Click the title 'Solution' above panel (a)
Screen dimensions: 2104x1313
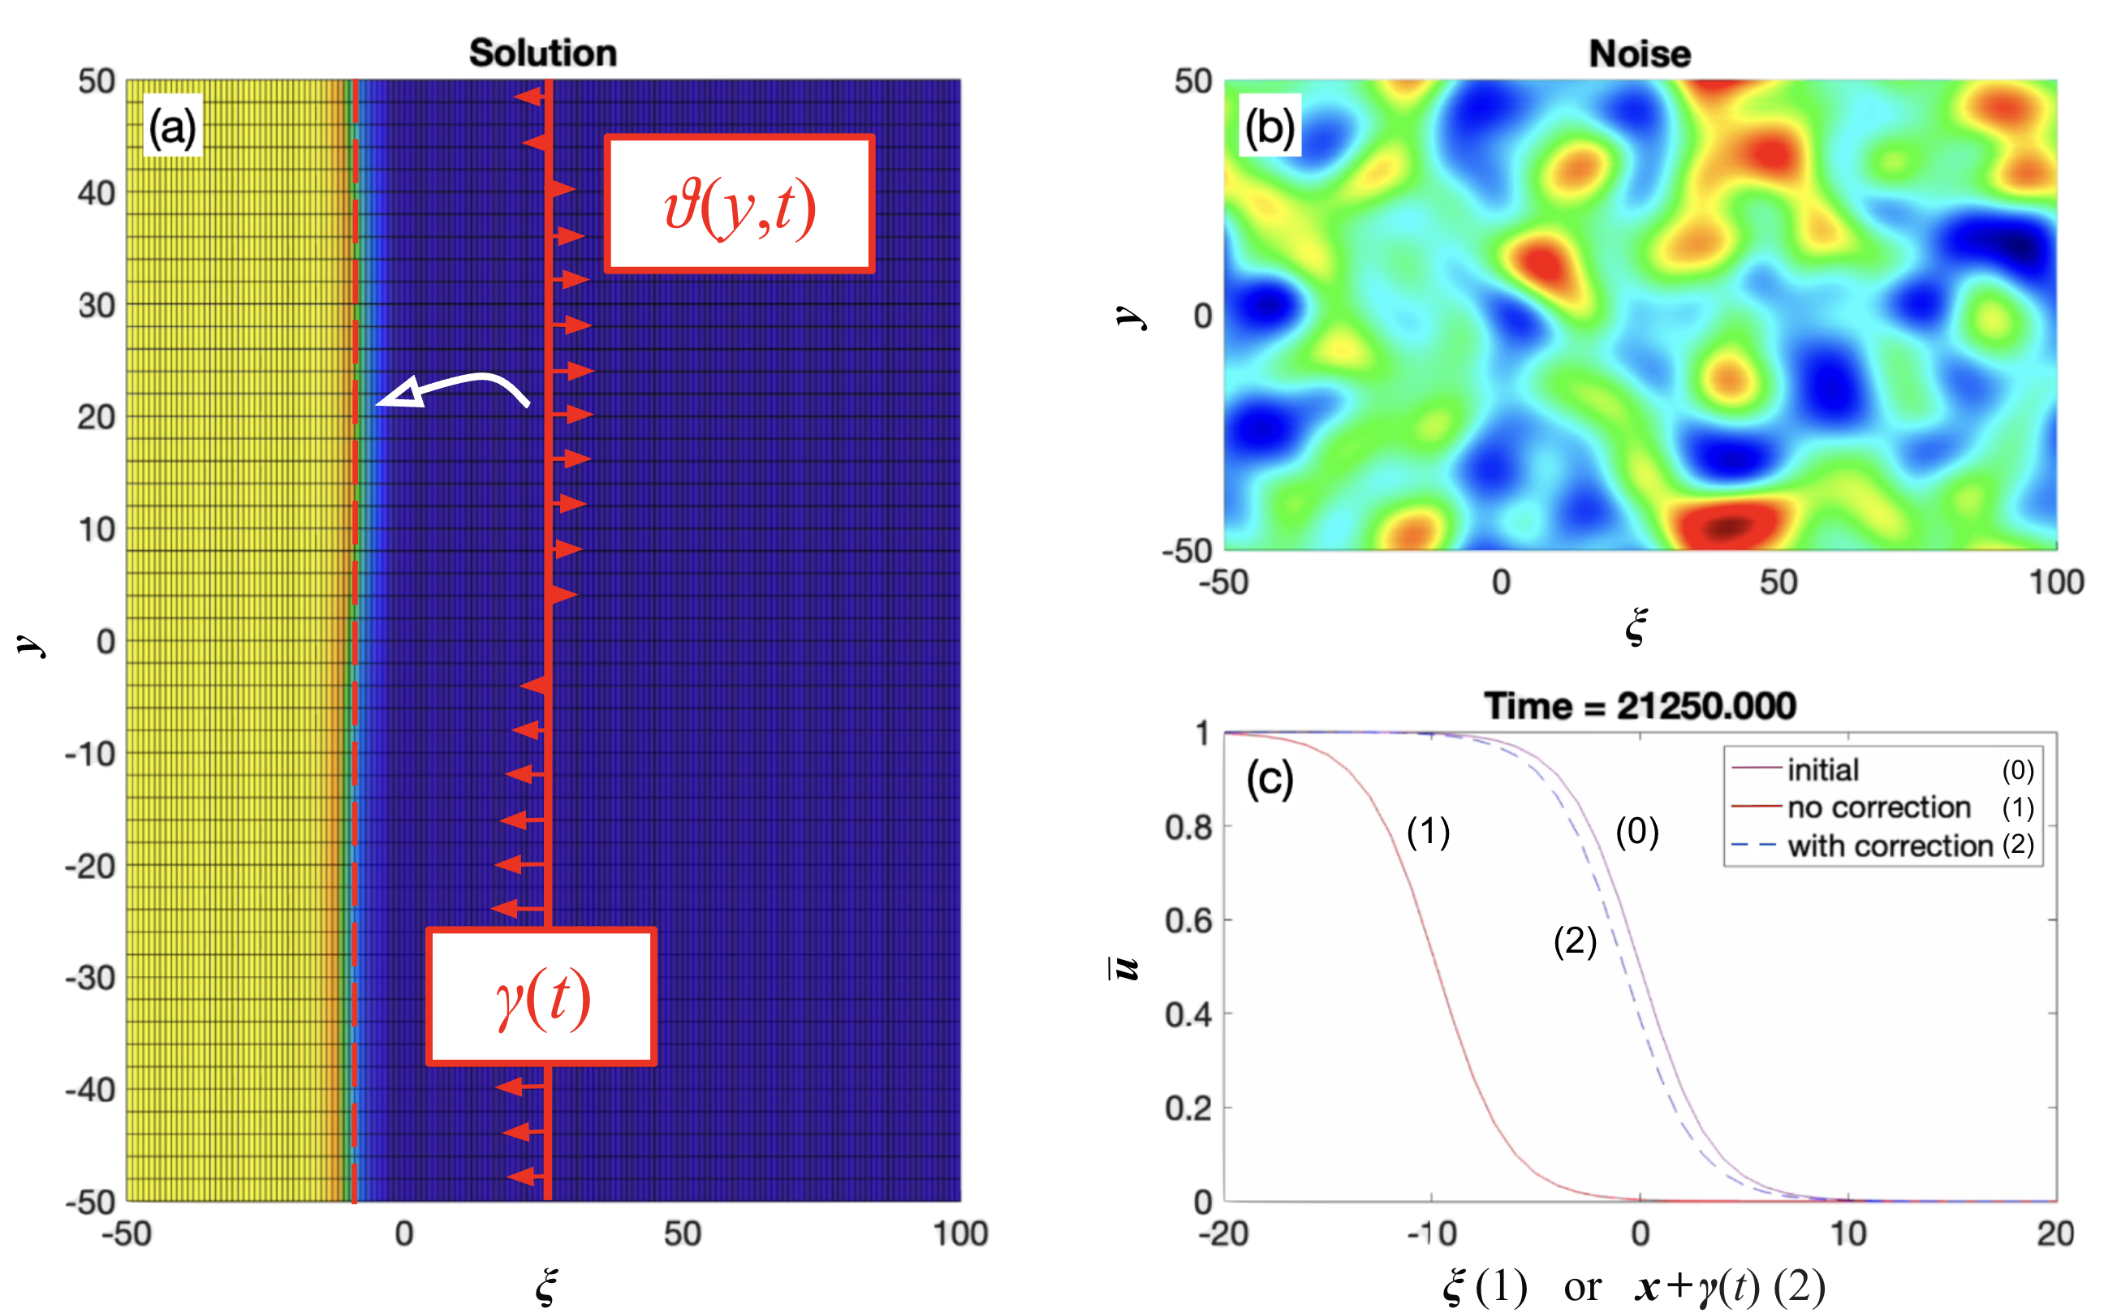pyautogui.click(x=543, y=53)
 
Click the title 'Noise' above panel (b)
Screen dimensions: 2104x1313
pyautogui.click(x=1639, y=54)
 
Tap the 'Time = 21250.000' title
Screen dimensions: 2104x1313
pyautogui.click(x=1639, y=705)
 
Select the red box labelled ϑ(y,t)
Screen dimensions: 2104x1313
pyautogui.click(x=739, y=204)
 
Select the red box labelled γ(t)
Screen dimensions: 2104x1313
pyautogui.click(x=541, y=996)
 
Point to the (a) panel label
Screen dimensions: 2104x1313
pyautogui.click(x=172, y=127)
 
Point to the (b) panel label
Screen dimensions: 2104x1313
pyautogui.click(x=1270, y=127)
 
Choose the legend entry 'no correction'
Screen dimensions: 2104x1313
pyautogui.click(x=1879, y=807)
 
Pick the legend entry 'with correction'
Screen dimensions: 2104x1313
pyautogui.click(x=1890, y=845)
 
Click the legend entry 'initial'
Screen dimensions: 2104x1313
pyautogui.click(x=1822, y=769)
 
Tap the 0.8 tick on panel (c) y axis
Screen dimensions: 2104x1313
pyautogui.click(x=1188, y=827)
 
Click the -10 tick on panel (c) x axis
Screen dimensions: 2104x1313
pyautogui.click(x=1431, y=1233)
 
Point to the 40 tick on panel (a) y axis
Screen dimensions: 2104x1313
pyautogui.click(x=97, y=193)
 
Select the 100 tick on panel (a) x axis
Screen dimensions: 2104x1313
pyautogui.click(x=960, y=1233)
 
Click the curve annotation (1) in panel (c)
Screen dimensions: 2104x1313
pyautogui.click(x=1428, y=832)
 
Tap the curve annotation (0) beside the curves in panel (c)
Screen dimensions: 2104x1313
pyautogui.click(x=1636, y=832)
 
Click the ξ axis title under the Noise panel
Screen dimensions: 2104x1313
pyautogui.click(x=1636, y=626)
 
